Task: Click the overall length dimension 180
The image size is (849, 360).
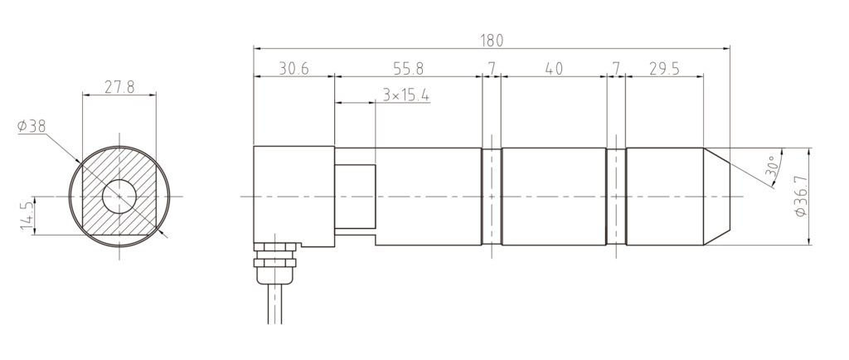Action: pos(492,41)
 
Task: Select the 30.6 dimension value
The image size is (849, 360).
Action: pos(294,69)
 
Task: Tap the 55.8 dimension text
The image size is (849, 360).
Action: pos(409,69)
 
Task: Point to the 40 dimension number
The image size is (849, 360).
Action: pos(555,69)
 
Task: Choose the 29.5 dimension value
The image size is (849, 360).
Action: pos(664,69)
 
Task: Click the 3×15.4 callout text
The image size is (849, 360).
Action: pos(406,95)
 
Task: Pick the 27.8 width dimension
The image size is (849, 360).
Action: pos(119,87)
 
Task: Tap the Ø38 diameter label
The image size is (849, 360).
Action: pos(32,126)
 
